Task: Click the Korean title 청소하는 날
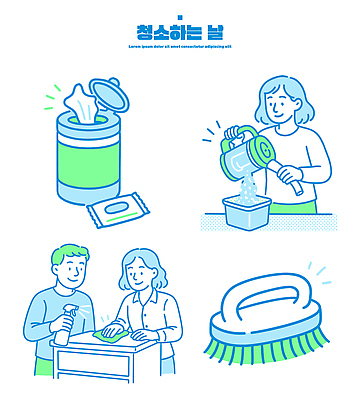179,32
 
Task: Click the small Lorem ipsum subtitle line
179,46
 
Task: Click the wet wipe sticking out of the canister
80,102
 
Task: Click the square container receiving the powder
247,212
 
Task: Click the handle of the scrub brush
265,297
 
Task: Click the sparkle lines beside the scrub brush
317,270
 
